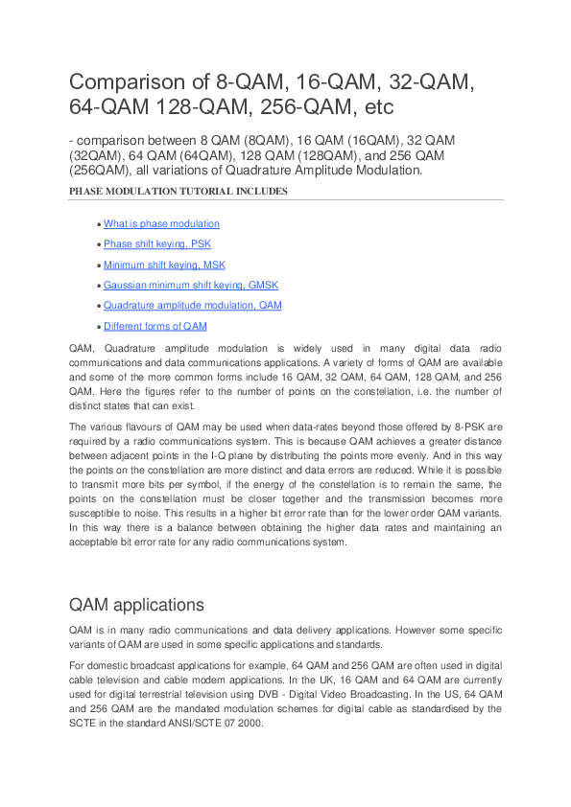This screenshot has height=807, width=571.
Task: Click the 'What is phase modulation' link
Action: [x=161, y=224]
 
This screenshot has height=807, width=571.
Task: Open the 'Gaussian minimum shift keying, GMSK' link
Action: [x=191, y=286]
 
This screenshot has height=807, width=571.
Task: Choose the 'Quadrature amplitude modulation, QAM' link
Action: [x=192, y=306]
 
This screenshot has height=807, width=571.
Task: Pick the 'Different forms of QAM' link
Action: [x=155, y=326]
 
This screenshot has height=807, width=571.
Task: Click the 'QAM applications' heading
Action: [x=136, y=605]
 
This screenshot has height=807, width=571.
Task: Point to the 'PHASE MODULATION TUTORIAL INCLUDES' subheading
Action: [x=178, y=191]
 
